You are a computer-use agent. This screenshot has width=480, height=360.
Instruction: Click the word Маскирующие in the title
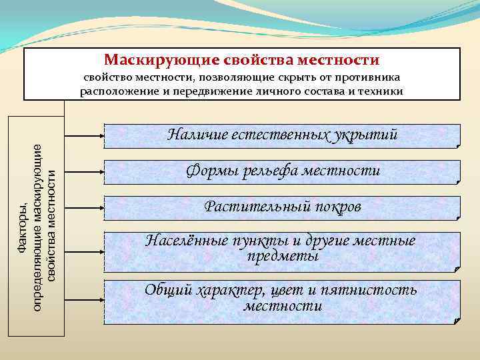coord(150,60)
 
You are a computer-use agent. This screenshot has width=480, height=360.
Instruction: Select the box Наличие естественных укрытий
coord(283,135)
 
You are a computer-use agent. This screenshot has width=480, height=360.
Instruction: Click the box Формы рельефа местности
coord(283,172)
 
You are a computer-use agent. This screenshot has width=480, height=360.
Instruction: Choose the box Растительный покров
coord(283,208)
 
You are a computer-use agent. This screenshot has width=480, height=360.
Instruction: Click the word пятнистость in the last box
coord(368,291)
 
